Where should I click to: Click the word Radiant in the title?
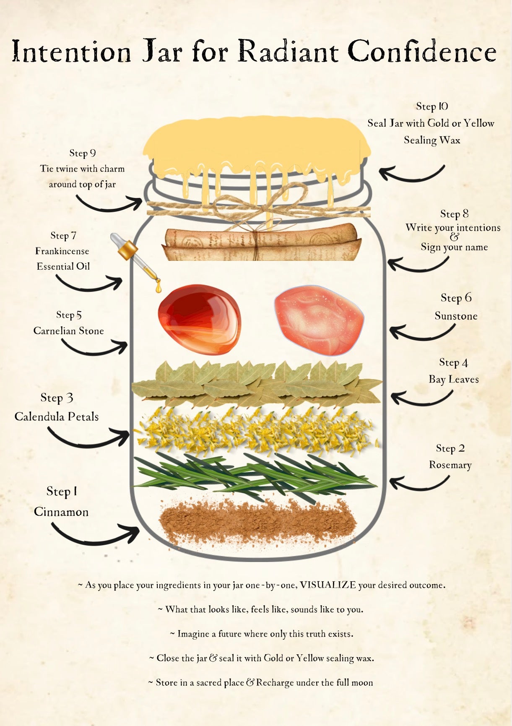coord(288,52)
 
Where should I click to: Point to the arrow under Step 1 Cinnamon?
coord(95,538)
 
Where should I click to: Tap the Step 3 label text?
coord(57,398)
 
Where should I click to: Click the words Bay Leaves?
coord(454,380)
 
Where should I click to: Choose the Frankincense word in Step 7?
coord(62,251)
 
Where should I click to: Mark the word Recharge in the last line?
coord(275,682)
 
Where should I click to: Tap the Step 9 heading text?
coord(83,153)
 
